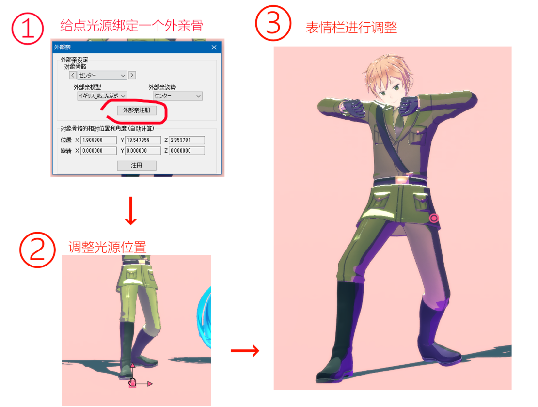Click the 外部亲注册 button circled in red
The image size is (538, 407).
click(x=137, y=110)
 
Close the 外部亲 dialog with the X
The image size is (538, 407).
click(x=214, y=47)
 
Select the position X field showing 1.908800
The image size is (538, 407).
click(x=98, y=140)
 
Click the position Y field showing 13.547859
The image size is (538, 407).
click(x=143, y=140)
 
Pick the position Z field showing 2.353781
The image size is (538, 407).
click(x=187, y=140)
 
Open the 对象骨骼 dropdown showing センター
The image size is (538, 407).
click(x=102, y=75)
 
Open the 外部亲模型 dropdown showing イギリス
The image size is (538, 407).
click(x=102, y=96)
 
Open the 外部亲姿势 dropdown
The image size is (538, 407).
click(x=177, y=96)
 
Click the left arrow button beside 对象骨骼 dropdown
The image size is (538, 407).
click(x=73, y=75)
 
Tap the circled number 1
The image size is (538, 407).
click(x=27, y=28)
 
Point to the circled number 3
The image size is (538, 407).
click(x=273, y=23)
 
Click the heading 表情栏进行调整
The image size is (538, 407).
click(x=351, y=27)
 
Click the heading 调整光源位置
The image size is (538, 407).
click(x=107, y=247)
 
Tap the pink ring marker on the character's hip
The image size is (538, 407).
click(x=434, y=218)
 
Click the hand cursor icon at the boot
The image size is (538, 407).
click(x=132, y=382)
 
